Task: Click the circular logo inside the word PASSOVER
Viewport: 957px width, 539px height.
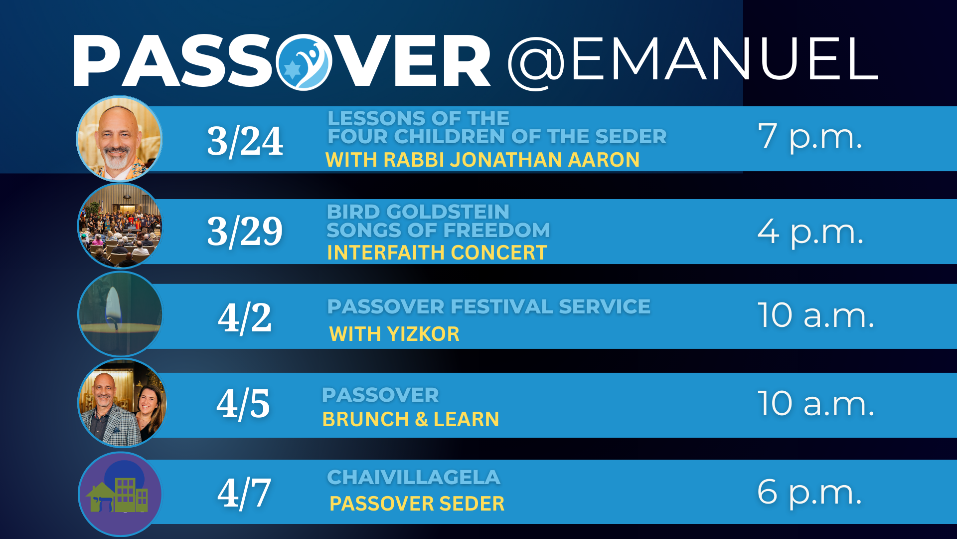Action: pos(304,62)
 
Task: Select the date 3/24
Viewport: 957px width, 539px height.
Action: pos(245,141)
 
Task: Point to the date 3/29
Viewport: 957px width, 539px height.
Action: pos(245,232)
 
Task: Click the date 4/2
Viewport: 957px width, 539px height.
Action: pos(245,318)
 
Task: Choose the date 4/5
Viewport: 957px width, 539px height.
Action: pos(243,404)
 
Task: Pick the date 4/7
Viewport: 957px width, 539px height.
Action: pos(244,494)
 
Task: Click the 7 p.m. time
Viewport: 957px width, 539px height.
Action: pos(810,137)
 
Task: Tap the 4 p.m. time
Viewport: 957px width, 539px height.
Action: pos(810,232)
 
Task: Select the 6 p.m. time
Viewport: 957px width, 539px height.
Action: pos(809,493)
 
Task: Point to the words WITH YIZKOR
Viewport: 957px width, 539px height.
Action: pos(394,334)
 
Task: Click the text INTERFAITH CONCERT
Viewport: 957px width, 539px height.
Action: pos(437,253)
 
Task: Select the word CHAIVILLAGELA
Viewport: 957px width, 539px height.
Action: pos(414,477)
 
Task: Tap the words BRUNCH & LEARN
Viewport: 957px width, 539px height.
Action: pos(411,419)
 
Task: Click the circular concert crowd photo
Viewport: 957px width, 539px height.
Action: pos(120,226)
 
